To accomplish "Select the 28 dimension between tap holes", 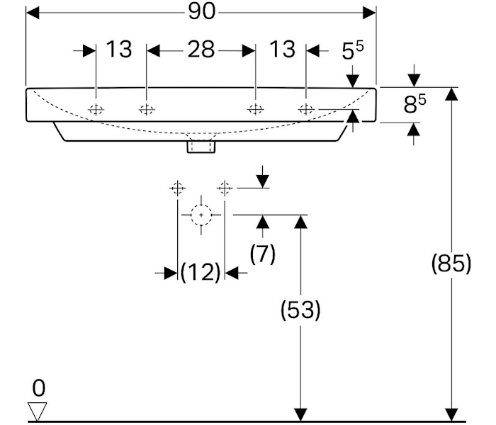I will pyautogui.click(x=201, y=50).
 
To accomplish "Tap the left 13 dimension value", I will pyautogui.click(x=119, y=50).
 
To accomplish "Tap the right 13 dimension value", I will pyautogui.click(x=282, y=50).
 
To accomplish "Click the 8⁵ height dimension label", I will pyautogui.click(x=415, y=106).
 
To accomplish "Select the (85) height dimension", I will pyautogui.click(x=451, y=263).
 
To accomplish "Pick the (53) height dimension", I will pyautogui.click(x=301, y=310).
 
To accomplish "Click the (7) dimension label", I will pyautogui.click(x=263, y=254).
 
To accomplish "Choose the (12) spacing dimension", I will pyautogui.click(x=201, y=272).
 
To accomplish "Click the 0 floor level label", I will pyautogui.click(x=38, y=388).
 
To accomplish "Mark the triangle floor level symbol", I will pyautogui.click(x=37, y=412).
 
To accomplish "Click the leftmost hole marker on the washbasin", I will pyautogui.click(x=96, y=109).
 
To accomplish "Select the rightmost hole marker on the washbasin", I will pyautogui.click(x=306, y=109).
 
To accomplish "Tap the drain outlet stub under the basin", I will pyautogui.click(x=201, y=147).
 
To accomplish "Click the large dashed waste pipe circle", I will pyautogui.click(x=201, y=214).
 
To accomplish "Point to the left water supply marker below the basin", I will pyautogui.click(x=176, y=188).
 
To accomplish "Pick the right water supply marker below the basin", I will pyautogui.click(x=225, y=188).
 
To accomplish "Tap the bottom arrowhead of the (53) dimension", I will pyautogui.click(x=301, y=414).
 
